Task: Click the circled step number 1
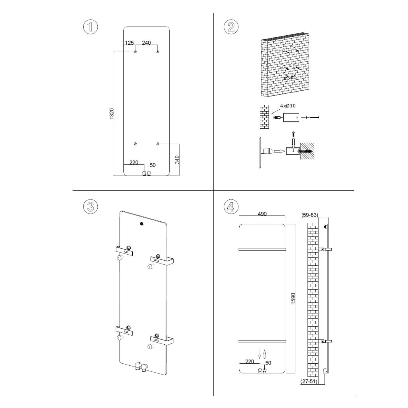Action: pos(90,27)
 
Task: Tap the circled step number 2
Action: pos(231,27)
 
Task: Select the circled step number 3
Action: pos(90,207)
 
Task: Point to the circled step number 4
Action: pos(231,207)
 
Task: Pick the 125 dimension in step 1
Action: pos(129,43)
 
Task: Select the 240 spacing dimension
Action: pos(146,43)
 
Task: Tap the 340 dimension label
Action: pos(177,159)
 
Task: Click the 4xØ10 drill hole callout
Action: pos(288,106)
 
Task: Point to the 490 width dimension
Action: pos(262,214)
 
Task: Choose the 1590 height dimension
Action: pos(293,298)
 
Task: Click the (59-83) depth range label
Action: pos(310,215)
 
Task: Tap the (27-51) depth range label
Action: pos(309,381)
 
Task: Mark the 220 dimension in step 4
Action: pos(249,361)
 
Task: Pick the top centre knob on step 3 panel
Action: pos(141,224)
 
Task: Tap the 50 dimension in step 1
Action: pos(153,165)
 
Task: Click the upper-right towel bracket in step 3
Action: pos(162,261)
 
